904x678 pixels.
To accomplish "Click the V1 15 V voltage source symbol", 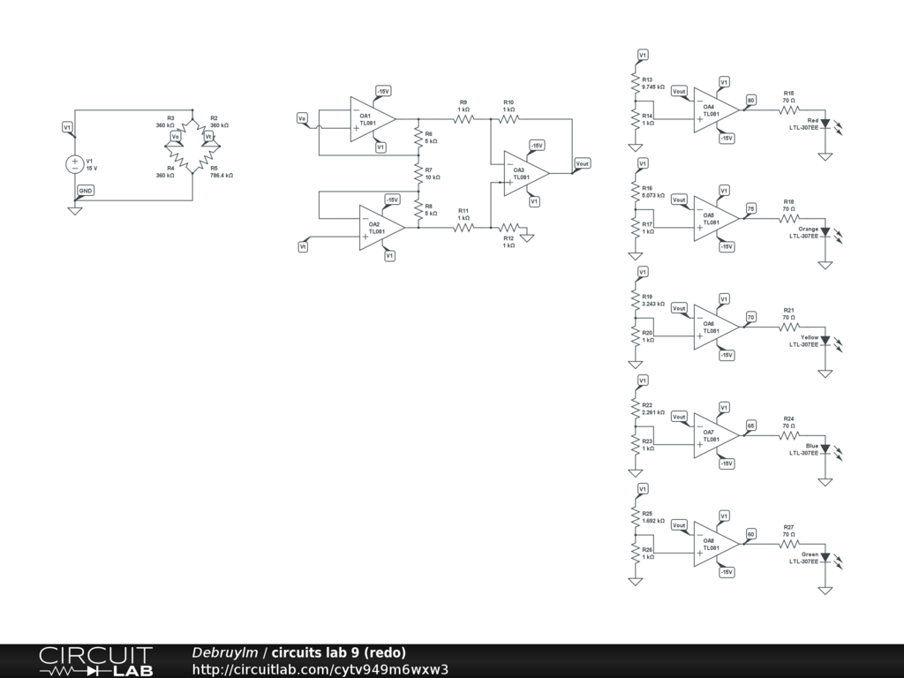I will pyautogui.click(x=75, y=164).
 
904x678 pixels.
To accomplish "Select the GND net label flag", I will pyautogui.click(x=85, y=190).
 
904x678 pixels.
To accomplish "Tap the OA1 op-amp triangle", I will pyautogui.click(x=369, y=119).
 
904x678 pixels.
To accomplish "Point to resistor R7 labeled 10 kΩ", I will pyautogui.click(x=418, y=173).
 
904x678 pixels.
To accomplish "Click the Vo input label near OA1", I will pyautogui.click(x=303, y=118).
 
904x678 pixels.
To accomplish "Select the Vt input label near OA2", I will pyautogui.click(x=303, y=248).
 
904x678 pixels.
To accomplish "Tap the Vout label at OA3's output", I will pyautogui.click(x=583, y=163).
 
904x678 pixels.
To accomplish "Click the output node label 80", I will pyautogui.click(x=751, y=100).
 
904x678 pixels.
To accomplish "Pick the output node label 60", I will pyautogui.click(x=751, y=532).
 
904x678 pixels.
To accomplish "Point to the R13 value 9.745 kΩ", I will pyautogui.click(x=653, y=87).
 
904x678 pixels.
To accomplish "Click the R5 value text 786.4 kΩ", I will pyautogui.click(x=222, y=176).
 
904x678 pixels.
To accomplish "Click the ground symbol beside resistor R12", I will pyautogui.click(x=528, y=235).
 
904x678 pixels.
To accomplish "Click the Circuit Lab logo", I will pyautogui.click(x=94, y=661).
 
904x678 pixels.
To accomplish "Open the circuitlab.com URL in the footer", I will pyautogui.click(x=320, y=669).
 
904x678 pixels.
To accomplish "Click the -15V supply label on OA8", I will pyautogui.click(x=727, y=571).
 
